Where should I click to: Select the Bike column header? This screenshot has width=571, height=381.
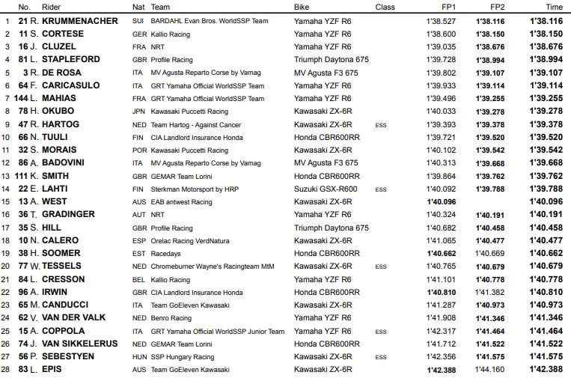(x=304, y=7)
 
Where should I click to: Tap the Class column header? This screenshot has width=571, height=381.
(x=385, y=7)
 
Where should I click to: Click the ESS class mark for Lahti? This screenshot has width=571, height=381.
(x=381, y=189)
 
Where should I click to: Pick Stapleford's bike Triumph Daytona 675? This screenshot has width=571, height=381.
(x=331, y=60)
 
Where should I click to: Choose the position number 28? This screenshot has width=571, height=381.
(x=7, y=369)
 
